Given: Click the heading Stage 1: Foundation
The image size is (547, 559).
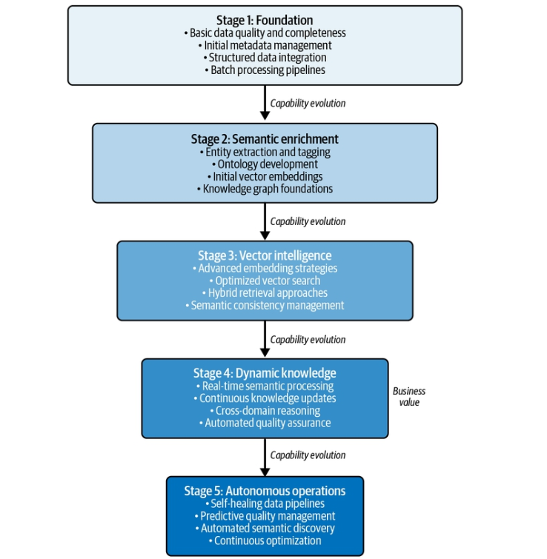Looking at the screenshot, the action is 265,20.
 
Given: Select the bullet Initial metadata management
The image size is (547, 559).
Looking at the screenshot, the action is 265,45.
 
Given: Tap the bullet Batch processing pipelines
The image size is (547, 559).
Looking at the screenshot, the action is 265,70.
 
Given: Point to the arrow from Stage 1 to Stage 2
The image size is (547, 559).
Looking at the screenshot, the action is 265,103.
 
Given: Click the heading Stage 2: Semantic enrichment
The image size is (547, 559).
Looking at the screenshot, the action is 265,139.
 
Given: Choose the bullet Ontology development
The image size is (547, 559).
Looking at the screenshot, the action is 265,164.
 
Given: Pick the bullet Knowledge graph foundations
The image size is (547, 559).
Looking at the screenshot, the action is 265,189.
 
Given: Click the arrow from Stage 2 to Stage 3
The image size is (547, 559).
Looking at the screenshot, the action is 265,221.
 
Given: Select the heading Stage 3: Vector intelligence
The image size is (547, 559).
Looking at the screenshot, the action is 265,255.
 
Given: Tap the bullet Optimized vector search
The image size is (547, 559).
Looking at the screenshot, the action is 265,281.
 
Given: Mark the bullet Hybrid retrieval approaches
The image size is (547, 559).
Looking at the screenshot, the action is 265,292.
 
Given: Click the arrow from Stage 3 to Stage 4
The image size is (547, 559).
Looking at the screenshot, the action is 265,338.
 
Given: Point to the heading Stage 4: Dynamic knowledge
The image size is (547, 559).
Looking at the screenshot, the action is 265,373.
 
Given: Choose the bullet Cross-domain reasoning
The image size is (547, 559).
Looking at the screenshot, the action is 265,411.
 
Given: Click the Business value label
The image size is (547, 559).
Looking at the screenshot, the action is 409,397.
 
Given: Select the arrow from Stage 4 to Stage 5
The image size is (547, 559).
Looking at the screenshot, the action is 265,457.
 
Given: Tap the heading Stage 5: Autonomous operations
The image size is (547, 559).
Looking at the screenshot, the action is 265,491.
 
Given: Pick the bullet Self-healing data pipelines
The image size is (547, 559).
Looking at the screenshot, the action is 265,503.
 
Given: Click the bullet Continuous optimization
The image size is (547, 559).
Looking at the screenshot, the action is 265,540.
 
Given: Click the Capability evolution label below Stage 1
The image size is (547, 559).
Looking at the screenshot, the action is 308,104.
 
